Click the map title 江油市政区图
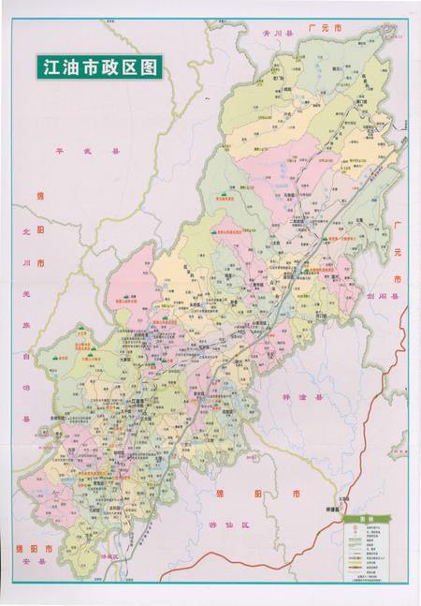coord(97,67)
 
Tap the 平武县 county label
coord(75,149)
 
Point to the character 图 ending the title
coord(150,67)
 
